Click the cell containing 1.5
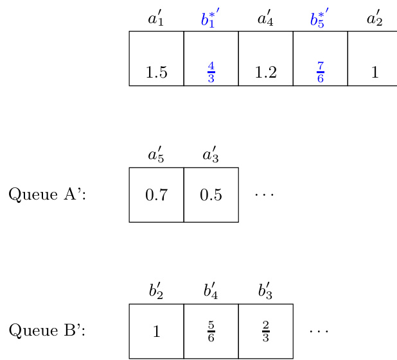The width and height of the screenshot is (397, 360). (x=156, y=58)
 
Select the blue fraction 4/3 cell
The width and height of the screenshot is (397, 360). (x=211, y=58)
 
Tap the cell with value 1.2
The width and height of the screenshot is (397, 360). (x=265, y=58)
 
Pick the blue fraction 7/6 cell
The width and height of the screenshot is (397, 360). (x=320, y=58)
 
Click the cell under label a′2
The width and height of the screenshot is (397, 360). (x=375, y=58)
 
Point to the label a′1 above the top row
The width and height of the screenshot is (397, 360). (x=156, y=19)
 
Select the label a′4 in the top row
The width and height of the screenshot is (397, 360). (x=265, y=19)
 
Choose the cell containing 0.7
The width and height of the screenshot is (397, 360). (x=156, y=194)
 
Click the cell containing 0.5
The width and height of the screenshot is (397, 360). (x=211, y=194)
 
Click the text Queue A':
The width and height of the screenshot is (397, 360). (x=47, y=194)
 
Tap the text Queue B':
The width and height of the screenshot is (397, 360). (x=47, y=330)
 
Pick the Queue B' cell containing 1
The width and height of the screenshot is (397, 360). (x=156, y=330)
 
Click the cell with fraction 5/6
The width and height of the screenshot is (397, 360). (x=211, y=330)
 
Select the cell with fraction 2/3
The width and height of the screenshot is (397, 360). (x=265, y=330)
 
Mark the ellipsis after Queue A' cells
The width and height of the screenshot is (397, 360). (x=264, y=193)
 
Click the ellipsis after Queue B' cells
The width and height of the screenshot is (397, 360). (x=319, y=330)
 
